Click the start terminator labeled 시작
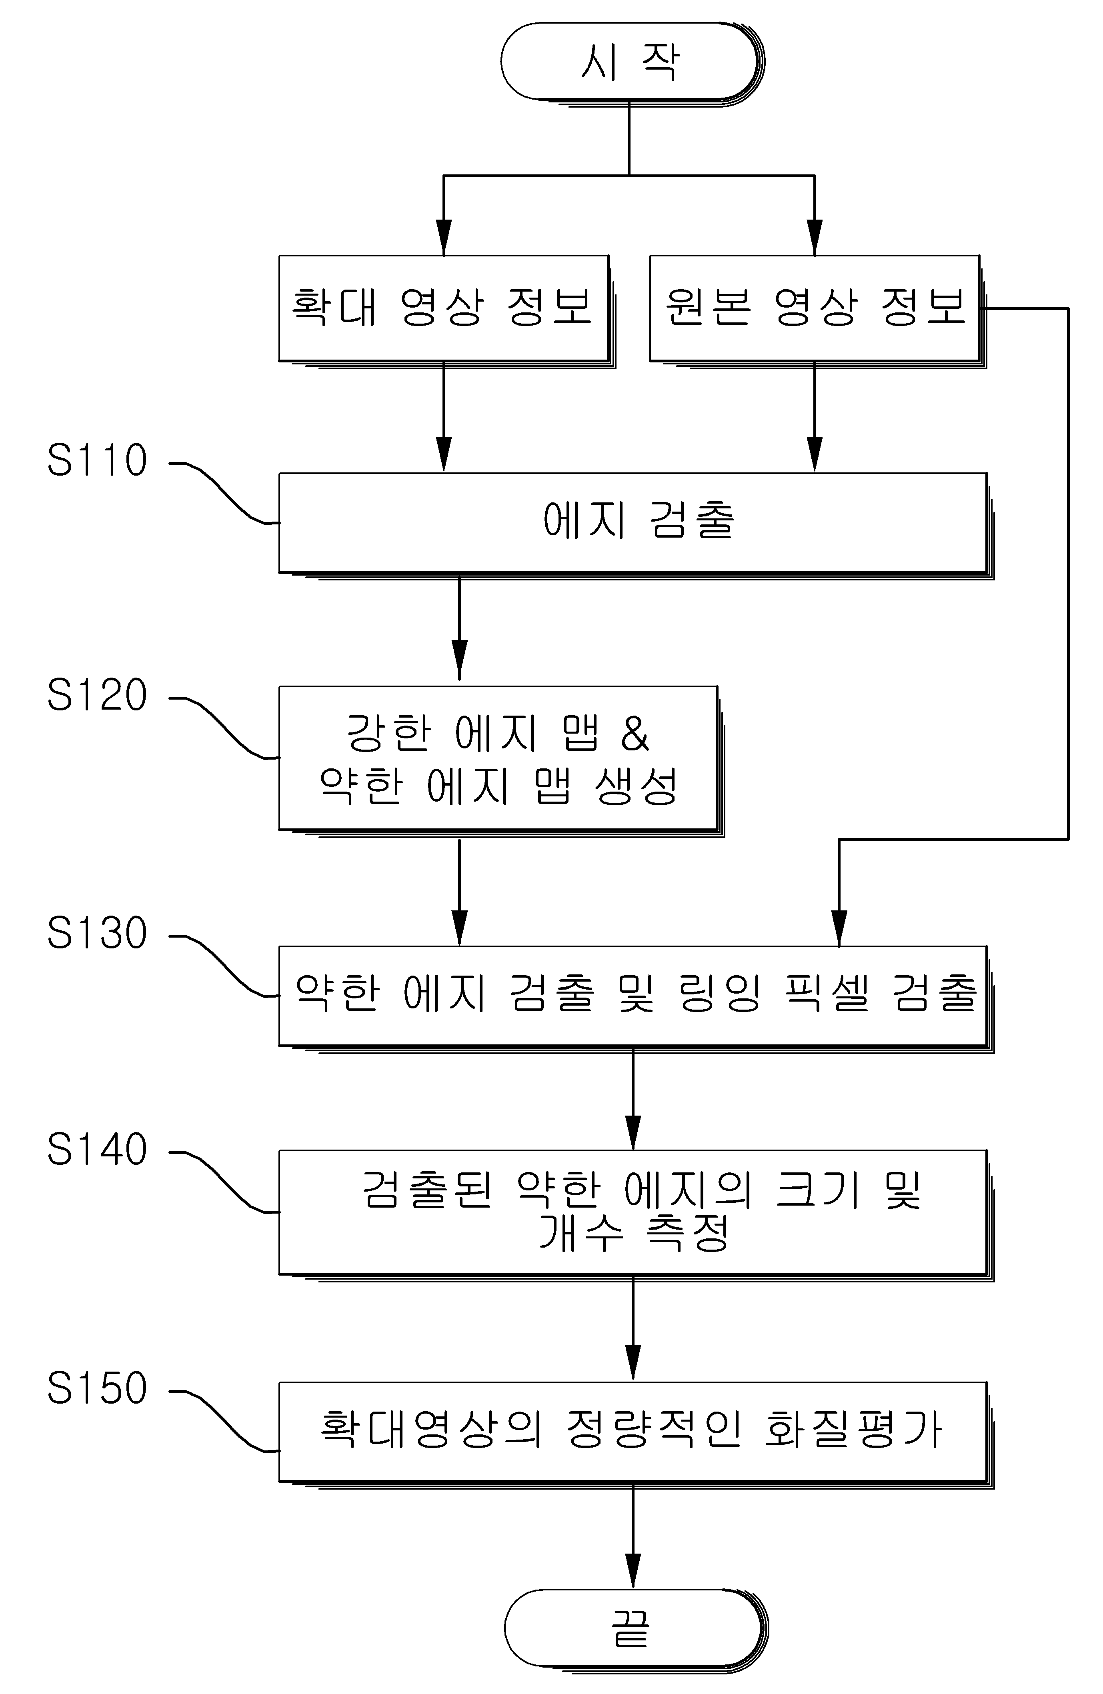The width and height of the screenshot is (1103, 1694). click(x=633, y=63)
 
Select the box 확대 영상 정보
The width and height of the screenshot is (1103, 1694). click(x=446, y=311)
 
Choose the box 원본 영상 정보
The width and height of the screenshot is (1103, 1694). click(x=817, y=311)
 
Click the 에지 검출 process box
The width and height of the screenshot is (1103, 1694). click(x=636, y=525)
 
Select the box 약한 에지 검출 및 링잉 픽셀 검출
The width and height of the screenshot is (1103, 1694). click(x=636, y=999)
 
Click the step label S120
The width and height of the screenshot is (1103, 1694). click(x=97, y=695)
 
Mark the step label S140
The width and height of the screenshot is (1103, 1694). click(x=97, y=1149)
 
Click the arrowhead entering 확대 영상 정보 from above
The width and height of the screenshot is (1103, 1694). click(x=444, y=237)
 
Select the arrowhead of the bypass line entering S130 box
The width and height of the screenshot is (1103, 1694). click(x=839, y=928)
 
